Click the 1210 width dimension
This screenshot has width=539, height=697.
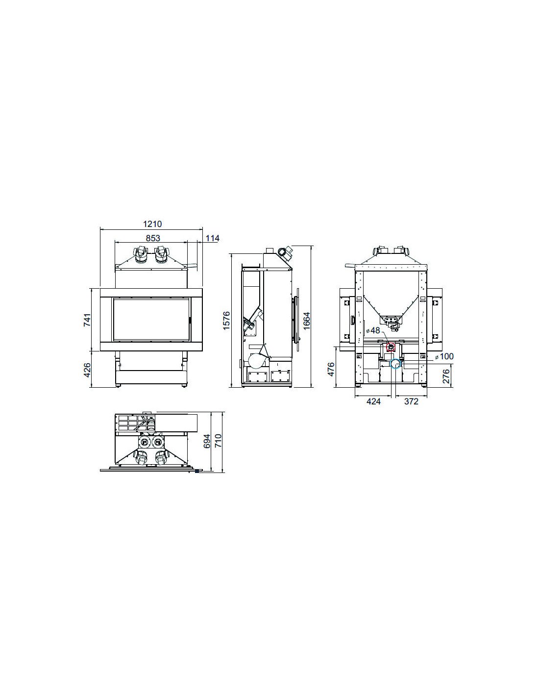[152, 224]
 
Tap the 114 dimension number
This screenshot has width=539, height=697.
[212, 238]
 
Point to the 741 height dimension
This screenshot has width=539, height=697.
[87, 320]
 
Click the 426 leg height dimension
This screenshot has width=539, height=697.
[87, 370]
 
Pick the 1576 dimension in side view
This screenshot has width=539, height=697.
[226, 320]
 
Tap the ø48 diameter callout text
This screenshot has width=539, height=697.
[373, 330]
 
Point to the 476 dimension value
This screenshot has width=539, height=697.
[331, 369]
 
